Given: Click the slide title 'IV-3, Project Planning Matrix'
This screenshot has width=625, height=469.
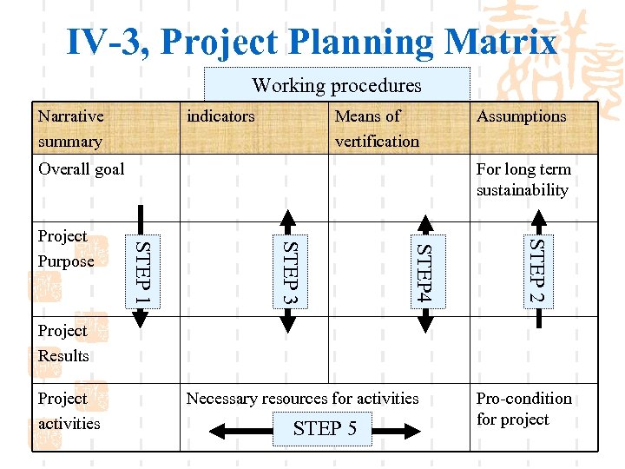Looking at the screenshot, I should click(x=312, y=41).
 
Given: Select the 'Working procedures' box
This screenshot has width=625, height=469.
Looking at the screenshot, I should click(x=336, y=85).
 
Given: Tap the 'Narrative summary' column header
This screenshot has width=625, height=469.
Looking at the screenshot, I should click(x=70, y=129).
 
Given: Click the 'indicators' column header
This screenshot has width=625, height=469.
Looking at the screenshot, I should click(x=220, y=116).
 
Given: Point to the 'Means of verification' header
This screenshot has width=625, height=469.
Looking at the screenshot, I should click(x=376, y=129).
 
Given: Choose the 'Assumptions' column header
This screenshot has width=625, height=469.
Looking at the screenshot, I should click(x=521, y=116).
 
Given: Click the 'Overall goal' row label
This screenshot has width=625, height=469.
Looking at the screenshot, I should click(x=81, y=169).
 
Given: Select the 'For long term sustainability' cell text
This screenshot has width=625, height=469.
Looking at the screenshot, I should click(x=523, y=180).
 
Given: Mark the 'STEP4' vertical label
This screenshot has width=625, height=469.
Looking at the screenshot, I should click(x=424, y=272).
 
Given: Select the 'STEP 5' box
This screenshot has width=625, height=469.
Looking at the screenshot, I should click(x=325, y=428).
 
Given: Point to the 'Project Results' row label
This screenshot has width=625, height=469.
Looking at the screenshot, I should click(x=62, y=343).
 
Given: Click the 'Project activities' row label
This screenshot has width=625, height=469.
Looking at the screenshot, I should click(x=69, y=411).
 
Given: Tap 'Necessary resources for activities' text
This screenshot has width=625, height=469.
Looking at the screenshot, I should click(x=302, y=399).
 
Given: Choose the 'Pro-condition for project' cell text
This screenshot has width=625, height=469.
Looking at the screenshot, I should click(x=523, y=409).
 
